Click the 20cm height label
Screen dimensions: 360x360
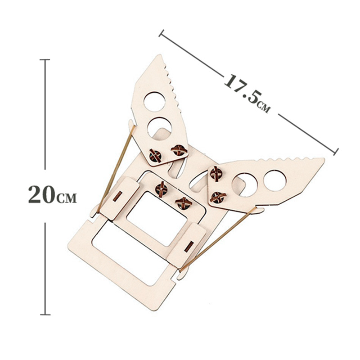point(52,195)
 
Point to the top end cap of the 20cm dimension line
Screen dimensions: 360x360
point(45,60)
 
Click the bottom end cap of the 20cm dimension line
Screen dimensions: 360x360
point(45,314)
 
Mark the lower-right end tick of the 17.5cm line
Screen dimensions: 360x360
point(336,152)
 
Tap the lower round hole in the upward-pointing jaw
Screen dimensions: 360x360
point(160,128)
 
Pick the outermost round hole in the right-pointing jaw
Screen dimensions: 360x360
point(275,180)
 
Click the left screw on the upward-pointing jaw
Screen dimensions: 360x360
point(155,156)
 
